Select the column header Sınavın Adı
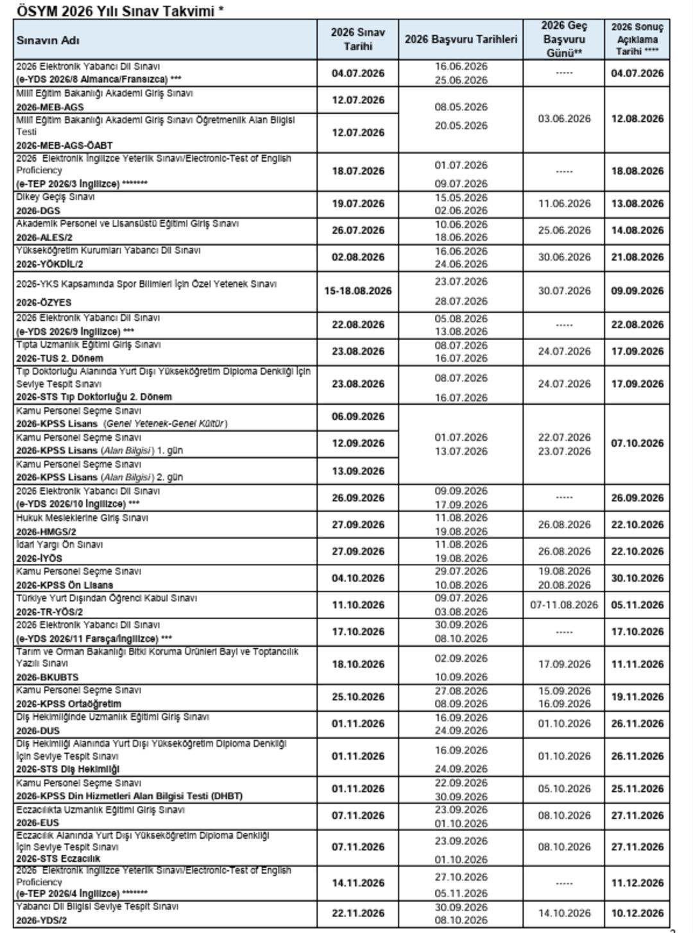48,40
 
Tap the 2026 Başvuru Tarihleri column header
461,40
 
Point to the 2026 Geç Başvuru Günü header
563,40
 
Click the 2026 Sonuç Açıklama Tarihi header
637,40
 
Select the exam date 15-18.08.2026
357,291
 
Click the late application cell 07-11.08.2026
563,605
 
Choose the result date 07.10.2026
637,443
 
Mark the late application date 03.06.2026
563,119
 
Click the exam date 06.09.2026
357,416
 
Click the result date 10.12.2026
637,913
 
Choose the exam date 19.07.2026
357,203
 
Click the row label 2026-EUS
38,823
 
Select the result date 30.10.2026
637,578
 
